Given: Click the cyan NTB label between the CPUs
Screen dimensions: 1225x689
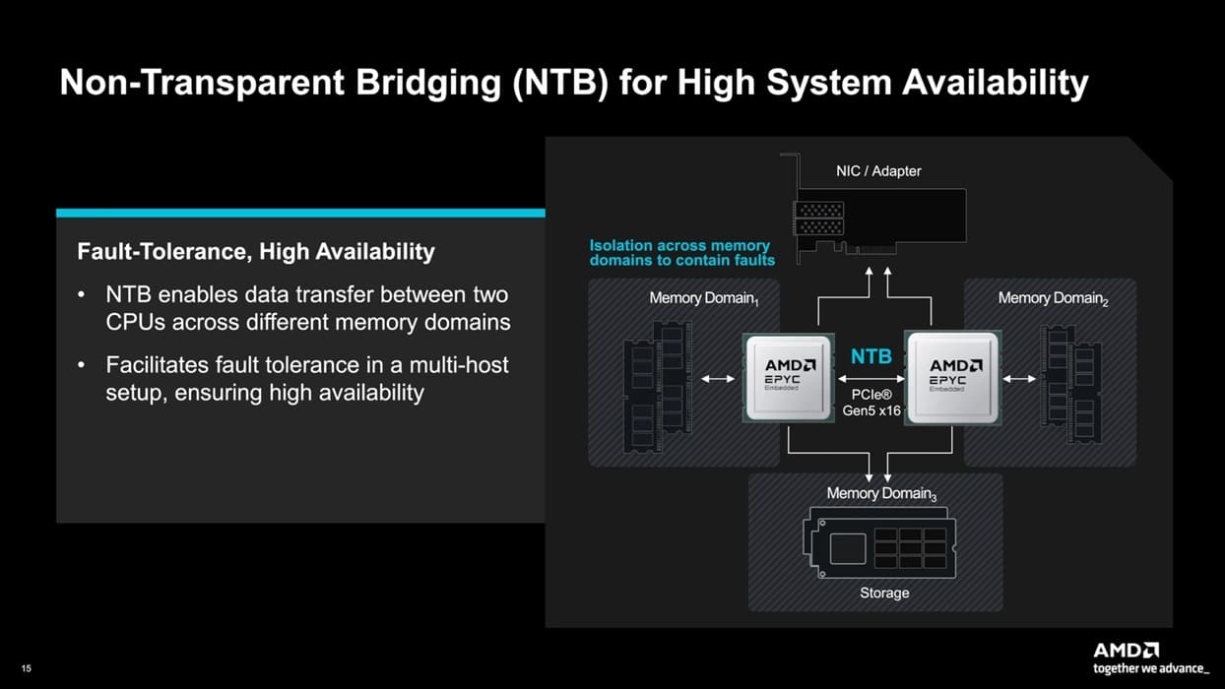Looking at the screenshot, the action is click(x=871, y=356).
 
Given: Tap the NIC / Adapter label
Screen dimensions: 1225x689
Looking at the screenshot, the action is click(x=878, y=171).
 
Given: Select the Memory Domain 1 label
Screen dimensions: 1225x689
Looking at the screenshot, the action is click(x=703, y=298).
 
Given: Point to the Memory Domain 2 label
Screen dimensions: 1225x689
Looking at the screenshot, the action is click(x=1053, y=298).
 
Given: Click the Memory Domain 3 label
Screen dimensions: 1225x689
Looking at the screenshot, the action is click(x=881, y=494).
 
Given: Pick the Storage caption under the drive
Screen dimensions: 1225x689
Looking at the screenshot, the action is click(x=884, y=593).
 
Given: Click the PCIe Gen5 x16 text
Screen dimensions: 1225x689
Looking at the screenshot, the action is click(x=871, y=403).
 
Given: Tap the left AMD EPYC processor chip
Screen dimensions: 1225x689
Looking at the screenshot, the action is click(x=788, y=378).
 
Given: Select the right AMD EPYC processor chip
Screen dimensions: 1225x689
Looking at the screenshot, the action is click(x=953, y=378).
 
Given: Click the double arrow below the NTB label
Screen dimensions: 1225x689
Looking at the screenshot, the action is click(x=871, y=378).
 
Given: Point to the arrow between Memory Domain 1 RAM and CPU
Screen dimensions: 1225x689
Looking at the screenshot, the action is click(x=718, y=378).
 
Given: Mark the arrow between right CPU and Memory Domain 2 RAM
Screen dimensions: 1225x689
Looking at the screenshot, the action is click(x=1019, y=378).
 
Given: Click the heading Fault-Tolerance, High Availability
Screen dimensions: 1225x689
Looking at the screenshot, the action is click(x=256, y=252).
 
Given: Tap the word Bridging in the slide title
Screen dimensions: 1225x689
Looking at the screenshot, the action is click(x=428, y=83).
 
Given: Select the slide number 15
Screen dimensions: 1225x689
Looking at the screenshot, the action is click(x=27, y=668).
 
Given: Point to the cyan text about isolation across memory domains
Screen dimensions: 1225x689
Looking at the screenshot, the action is click(x=682, y=253).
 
